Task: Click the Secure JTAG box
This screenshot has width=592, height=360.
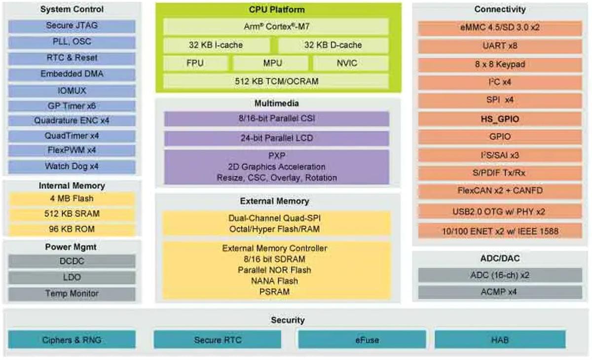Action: click(72, 26)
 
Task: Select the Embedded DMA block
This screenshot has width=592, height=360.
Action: click(72, 74)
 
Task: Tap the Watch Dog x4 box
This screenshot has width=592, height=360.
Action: click(72, 166)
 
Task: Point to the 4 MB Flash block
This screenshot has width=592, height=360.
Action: click(72, 199)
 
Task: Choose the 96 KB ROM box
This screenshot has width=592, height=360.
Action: click(72, 229)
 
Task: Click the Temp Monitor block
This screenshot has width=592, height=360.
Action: click(72, 293)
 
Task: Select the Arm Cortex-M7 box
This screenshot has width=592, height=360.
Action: click(276, 26)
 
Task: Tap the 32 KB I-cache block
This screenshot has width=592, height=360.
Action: click(216, 45)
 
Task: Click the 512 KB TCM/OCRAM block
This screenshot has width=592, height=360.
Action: click(276, 81)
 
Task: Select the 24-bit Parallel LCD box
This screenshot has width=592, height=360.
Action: click(276, 138)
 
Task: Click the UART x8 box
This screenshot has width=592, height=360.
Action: click(500, 46)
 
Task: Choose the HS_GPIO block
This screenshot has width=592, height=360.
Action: click(500, 119)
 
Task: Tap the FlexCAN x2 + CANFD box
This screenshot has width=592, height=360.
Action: click(500, 190)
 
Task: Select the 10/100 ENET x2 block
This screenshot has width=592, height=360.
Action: click(500, 230)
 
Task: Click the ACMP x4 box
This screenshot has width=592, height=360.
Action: click(500, 292)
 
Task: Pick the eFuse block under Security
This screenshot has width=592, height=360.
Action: click(362, 340)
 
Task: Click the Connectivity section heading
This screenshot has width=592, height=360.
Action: click(500, 9)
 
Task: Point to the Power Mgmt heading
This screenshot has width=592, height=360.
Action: click(72, 247)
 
